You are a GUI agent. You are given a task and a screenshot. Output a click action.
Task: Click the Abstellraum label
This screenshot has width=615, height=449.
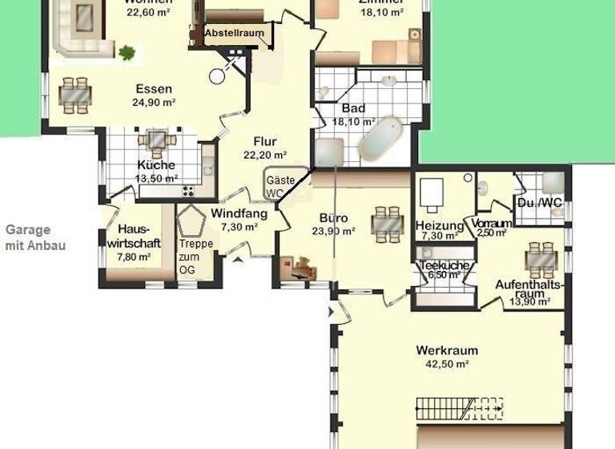[234, 34]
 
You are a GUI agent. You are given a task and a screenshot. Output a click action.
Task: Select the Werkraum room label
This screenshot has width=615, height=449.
[447, 350]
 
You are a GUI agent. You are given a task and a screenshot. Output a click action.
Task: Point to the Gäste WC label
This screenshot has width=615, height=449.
[275, 187]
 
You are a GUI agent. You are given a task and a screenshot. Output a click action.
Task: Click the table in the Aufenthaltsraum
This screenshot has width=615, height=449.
[537, 259]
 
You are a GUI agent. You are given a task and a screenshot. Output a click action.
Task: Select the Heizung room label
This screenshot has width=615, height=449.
[440, 225]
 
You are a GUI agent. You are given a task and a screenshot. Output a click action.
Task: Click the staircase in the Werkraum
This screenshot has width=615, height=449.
[459, 408]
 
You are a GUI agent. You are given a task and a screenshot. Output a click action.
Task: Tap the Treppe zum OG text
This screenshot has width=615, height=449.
[191, 256]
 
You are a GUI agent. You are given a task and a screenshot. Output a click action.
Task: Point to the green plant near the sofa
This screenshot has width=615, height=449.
[127, 53]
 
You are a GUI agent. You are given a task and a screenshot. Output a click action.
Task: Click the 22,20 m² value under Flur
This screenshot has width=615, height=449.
[264, 155]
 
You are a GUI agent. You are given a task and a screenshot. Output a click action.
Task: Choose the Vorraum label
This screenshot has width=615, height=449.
[492, 223]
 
